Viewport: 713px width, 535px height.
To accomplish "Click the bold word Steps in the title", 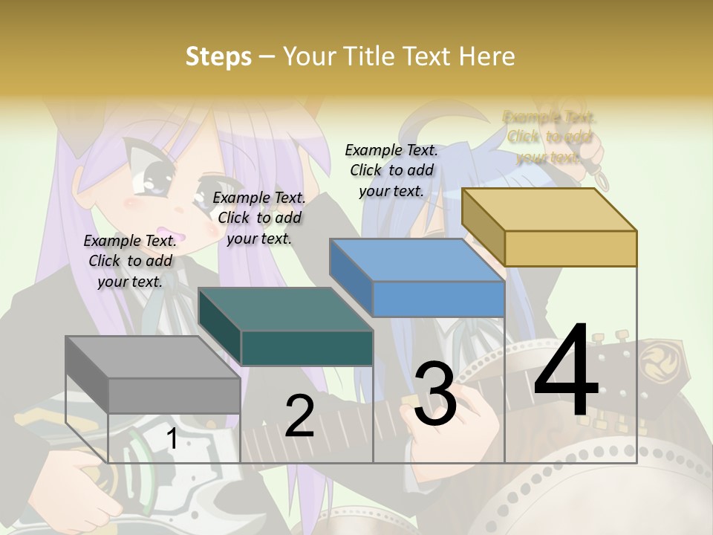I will pos(218,56).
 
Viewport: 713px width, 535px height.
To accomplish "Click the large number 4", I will pos(566,372).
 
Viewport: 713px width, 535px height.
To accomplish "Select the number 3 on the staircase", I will pos(434,395).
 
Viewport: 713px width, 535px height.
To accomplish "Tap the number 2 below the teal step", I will pos(299,416).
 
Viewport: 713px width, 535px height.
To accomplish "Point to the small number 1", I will pos(172,439).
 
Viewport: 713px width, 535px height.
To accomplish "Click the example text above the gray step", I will pos(130,261).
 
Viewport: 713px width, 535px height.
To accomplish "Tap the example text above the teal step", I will pos(259,218).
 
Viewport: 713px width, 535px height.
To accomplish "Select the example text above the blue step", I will pos(391,170).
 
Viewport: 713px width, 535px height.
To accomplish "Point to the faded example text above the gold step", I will pos(549,137).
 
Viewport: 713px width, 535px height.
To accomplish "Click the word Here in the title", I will pos(486,56).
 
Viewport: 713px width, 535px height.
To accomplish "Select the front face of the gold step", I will pos(570,248).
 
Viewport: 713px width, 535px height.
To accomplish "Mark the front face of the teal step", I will pos(307,348).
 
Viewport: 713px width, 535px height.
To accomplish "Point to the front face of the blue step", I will pos(438,299).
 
